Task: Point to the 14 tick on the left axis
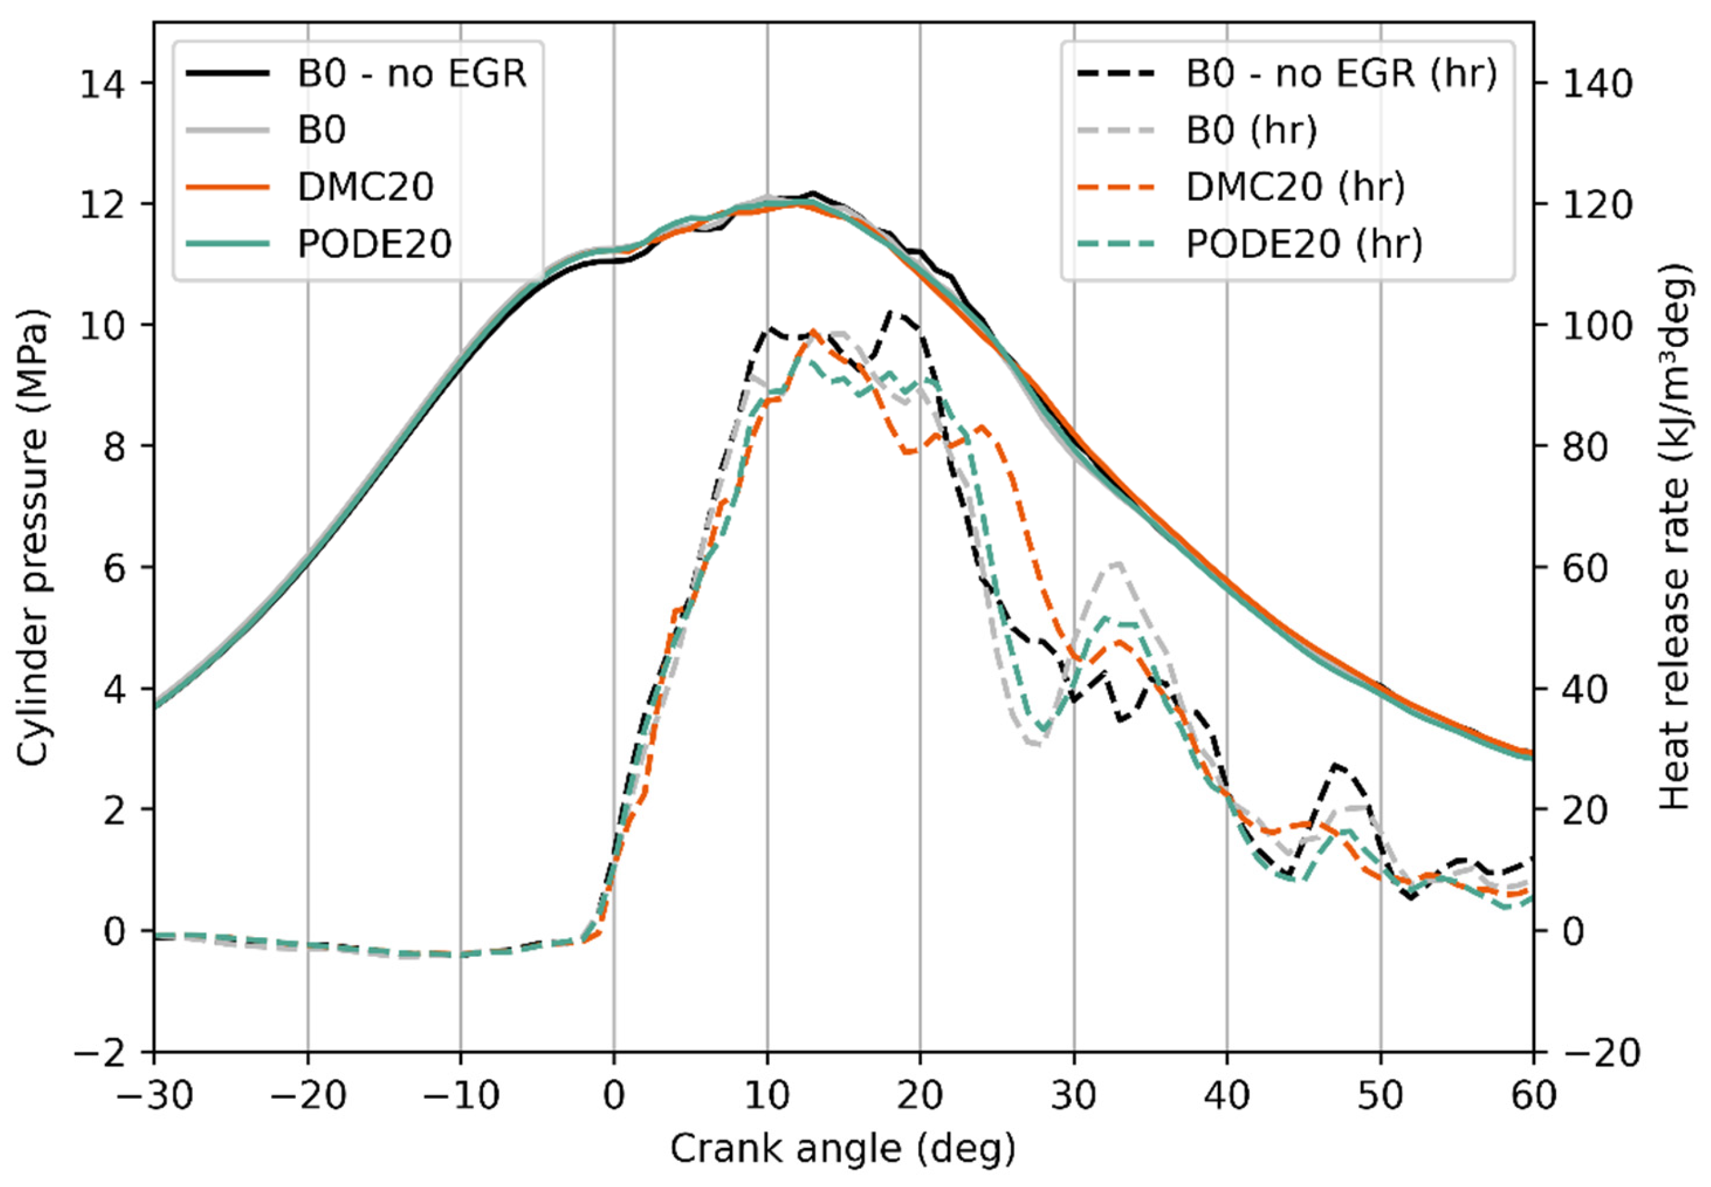[x=103, y=83]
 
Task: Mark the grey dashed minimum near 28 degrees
[x=1036, y=744]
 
